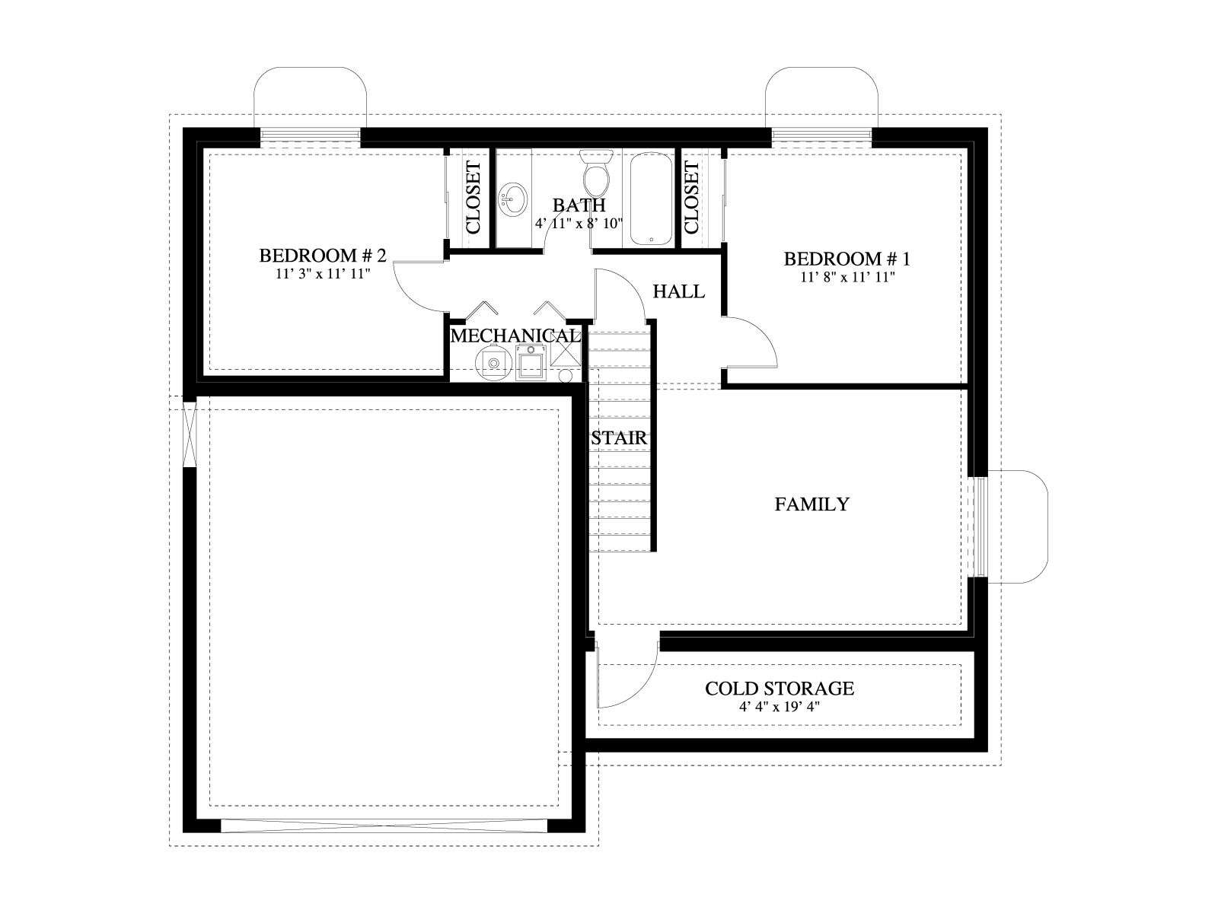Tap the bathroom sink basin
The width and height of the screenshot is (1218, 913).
click(512, 199)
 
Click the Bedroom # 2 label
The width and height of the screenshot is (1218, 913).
click(323, 256)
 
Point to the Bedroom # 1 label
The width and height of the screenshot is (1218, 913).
click(847, 259)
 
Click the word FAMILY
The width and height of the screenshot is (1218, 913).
click(811, 504)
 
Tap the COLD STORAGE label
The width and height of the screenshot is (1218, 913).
click(780, 689)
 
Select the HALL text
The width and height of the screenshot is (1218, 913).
click(678, 291)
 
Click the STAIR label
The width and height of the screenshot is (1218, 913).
click(619, 438)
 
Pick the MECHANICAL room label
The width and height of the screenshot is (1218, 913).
click(515, 336)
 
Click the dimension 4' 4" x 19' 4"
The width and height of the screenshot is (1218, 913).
click(780, 707)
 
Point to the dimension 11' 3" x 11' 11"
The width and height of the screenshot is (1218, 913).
click(323, 274)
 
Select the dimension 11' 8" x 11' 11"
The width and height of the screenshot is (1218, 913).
click(847, 277)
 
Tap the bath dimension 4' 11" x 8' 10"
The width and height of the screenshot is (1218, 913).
click(579, 224)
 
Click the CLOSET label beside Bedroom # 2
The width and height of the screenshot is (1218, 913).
click(473, 198)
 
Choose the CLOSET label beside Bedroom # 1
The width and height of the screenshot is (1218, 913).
click(691, 198)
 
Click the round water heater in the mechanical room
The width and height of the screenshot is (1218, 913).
click(494, 363)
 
